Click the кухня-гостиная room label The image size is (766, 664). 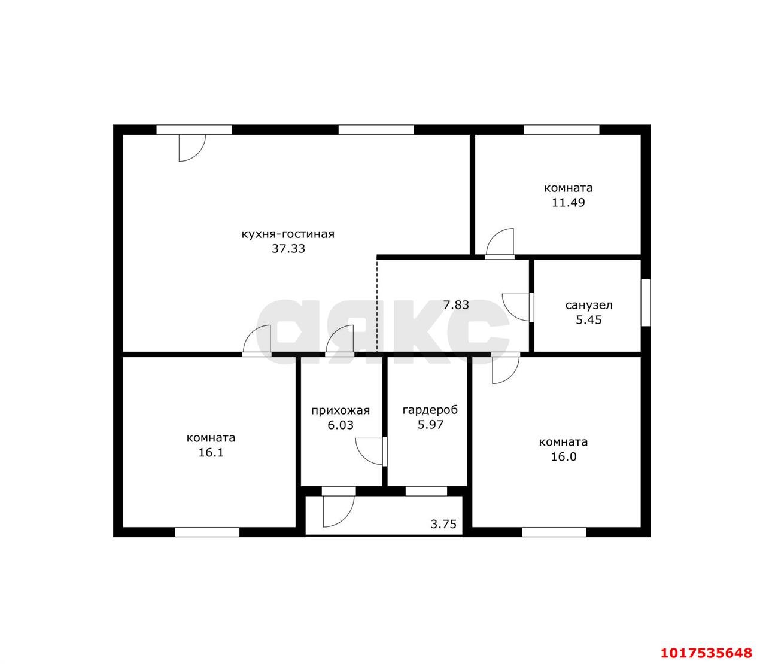click(288, 234)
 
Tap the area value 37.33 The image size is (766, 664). click(288, 249)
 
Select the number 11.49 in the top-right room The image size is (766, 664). click(569, 203)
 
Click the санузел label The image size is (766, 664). click(589, 306)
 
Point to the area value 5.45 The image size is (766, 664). click(589, 320)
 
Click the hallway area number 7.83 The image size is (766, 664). click(456, 305)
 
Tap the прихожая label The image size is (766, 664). click(341, 410)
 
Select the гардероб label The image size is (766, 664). click(430, 410)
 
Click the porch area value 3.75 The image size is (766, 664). click(443, 524)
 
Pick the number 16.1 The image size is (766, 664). click(211, 453)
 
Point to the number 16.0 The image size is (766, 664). click(564, 457)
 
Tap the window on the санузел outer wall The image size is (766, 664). click(646, 303)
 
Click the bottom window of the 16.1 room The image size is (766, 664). click(207, 532)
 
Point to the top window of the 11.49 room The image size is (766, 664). click(561, 130)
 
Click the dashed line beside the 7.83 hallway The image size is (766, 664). click(377, 304)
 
